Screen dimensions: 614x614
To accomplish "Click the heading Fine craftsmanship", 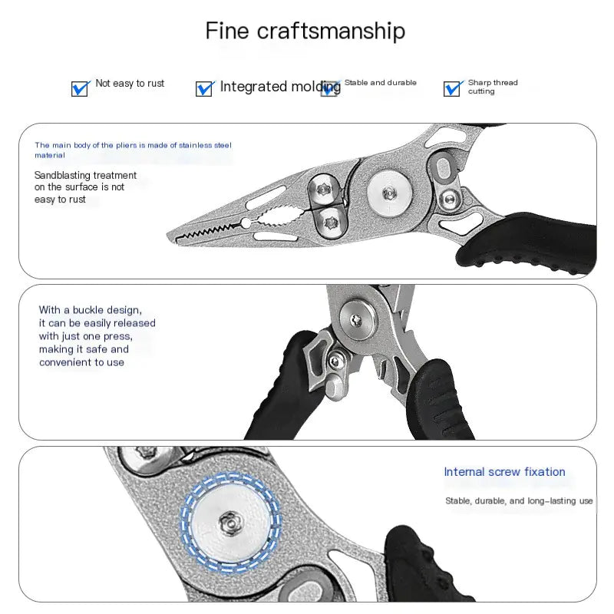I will coord(305,31).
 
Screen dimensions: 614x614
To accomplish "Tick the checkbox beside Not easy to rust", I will coord(80,88).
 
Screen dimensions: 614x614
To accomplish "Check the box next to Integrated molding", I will coord(204,88).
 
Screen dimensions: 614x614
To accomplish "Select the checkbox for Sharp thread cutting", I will coord(452,88).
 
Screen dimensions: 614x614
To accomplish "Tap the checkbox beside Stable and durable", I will coord(330,87).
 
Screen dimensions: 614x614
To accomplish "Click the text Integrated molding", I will coord(280,87).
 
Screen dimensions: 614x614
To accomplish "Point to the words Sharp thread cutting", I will coord(492,87).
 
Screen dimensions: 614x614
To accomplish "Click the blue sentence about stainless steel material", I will coord(132,149).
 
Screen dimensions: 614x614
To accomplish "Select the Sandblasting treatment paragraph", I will coord(84,187).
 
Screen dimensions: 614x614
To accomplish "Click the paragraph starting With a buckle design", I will coord(96,336).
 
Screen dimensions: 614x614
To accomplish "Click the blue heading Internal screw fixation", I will coord(504,472).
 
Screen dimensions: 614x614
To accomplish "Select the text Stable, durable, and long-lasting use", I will coord(519,500).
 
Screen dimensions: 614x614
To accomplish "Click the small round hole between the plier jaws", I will coord(245,223).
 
